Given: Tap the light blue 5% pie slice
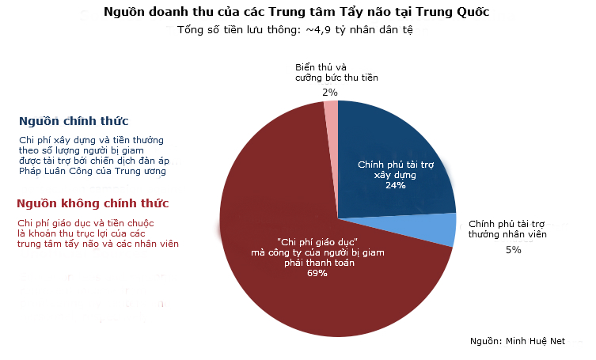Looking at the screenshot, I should tap(443, 229).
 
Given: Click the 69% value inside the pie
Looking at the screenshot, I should tap(317, 273).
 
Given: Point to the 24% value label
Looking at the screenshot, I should tap(395, 185).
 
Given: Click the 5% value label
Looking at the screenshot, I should tap(513, 250).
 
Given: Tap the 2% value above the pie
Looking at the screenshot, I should tap(329, 93).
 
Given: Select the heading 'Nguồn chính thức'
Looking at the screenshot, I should tap(74, 121).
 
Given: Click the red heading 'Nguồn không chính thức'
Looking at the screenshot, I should tap(92, 203).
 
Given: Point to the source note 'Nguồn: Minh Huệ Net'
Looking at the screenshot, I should tap(518, 340).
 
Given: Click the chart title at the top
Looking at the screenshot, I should tap(297, 13).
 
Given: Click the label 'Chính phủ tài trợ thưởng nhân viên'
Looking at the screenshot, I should tap(508, 229).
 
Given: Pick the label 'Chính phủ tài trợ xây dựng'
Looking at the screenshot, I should tap(395, 169).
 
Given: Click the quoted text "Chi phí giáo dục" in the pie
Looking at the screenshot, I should tap(318, 241).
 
